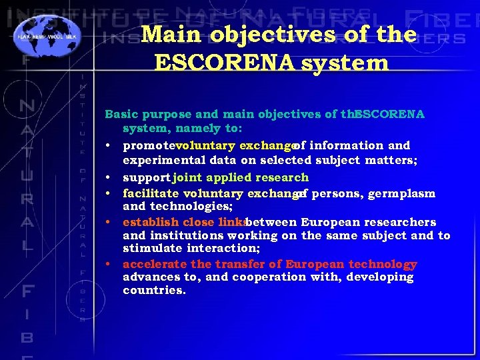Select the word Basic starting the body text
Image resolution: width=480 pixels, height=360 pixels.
pos(122,114)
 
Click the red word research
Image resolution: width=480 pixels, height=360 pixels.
pos(283,178)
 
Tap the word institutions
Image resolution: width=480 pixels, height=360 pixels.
pos(187,235)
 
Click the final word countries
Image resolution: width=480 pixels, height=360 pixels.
pos(154,291)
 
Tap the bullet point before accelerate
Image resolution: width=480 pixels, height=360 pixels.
pos(107,264)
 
